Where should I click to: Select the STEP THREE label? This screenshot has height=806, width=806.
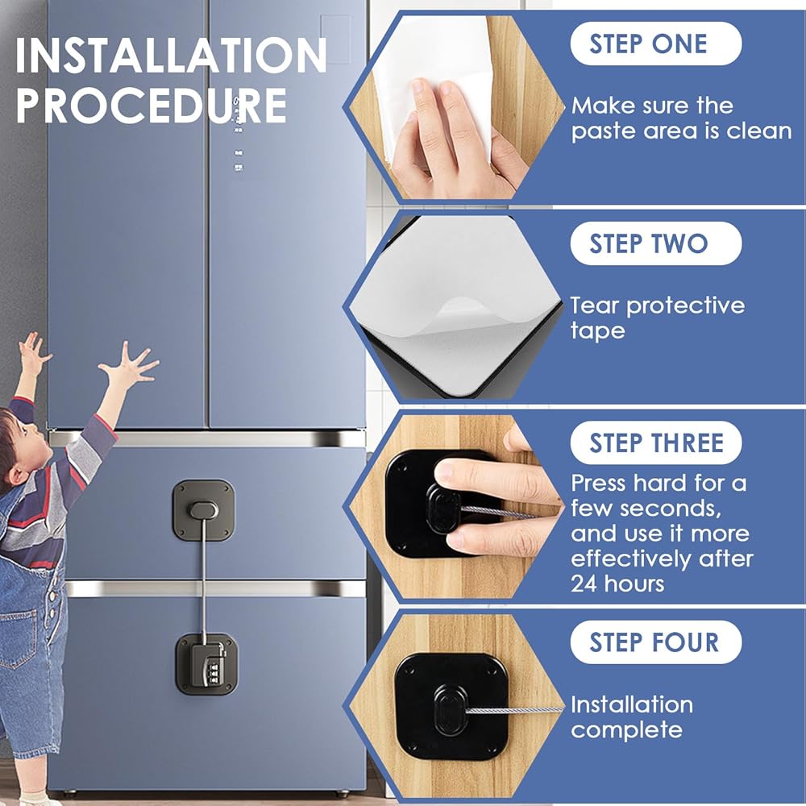(x=655, y=442)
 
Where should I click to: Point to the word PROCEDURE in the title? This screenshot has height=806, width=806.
(x=152, y=106)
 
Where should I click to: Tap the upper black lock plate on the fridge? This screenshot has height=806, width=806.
(x=204, y=510)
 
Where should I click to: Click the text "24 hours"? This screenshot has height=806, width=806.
(x=617, y=584)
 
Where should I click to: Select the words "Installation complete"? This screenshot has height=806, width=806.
(x=632, y=717)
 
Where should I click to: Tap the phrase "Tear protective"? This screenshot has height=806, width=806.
(x=658, y=305)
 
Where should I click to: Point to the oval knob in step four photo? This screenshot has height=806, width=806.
(x=451, y=710)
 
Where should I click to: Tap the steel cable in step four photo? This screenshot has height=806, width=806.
(x=514, y=710)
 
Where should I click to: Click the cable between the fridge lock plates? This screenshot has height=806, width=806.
(x=205, y=581)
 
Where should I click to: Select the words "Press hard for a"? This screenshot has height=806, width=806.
(x=659, y=483)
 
